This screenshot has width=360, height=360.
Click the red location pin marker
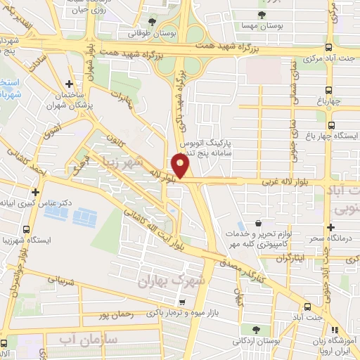tap(181, 166)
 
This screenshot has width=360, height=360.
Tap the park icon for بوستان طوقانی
tap(153, 22)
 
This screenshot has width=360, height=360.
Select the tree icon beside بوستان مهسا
tap(262, 15)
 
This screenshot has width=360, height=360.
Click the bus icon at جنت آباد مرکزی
tap(329, 48)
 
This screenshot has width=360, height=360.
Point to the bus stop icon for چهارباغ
tap(329, 89)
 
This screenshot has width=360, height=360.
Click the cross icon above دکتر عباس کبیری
tap(35, 191)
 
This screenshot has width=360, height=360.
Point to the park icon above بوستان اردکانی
tap(255, 328)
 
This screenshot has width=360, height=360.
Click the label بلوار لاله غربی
tap(288, 181)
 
